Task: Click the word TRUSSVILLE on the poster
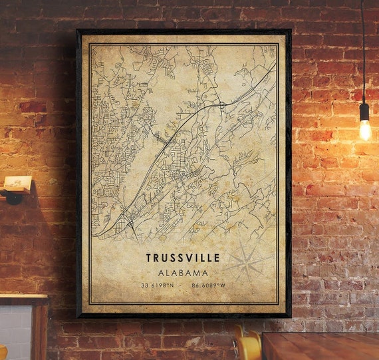point(183,258)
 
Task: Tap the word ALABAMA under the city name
point(183,272)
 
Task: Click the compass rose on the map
point(247,262)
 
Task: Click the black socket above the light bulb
point(364,111)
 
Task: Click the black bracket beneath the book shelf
point(13,198)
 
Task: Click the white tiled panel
point(15,333)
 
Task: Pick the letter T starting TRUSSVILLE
point(149,258)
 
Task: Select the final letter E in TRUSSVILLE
point(217,258)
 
